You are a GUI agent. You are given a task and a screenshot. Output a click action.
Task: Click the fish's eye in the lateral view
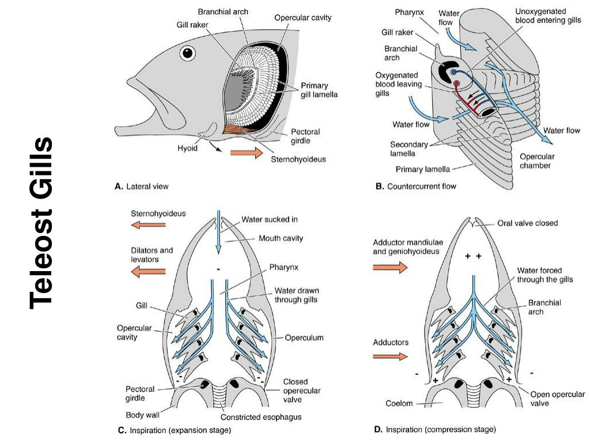pyautogui.click(x=187, y=54)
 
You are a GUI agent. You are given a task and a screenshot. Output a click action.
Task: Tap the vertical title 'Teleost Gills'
pyautogui.click(x=41, y=222)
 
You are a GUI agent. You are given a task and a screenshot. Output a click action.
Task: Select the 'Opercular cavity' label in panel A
pyautogui.click(x=302, y=18)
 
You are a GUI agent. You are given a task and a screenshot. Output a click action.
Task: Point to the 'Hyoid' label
pyautogui.click(x=187, y=148)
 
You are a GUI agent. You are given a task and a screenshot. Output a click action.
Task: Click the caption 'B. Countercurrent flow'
pyautogui.click(x=415, y=186)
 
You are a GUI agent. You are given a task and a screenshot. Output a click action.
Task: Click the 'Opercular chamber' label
pyautogui.click(x=537, y=161)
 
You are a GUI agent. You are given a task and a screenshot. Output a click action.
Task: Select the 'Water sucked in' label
pyautogui.click(x=270, y=219)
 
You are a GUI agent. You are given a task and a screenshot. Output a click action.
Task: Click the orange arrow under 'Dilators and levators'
pyautogui.click(x=148, y=272)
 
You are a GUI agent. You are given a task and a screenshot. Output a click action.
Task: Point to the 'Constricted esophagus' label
pyautogui.click(x=261, y=417)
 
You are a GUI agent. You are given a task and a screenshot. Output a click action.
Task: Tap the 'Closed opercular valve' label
pyautogui.click(x=301, y=391)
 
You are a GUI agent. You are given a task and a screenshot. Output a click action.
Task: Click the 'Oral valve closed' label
pyautogui.click(x=527, y=223)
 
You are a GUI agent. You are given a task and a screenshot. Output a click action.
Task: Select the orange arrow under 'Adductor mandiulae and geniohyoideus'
pyautogui.click(x=390, y=267)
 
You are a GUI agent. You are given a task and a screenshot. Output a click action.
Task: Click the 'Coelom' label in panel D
pyautogui.click(x=399, y=404)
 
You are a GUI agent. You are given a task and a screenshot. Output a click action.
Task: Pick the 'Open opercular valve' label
pyautogui.click(x=557, y=399)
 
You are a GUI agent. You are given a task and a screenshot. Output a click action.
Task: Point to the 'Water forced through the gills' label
pyautogui.click(x=544, y=275)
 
